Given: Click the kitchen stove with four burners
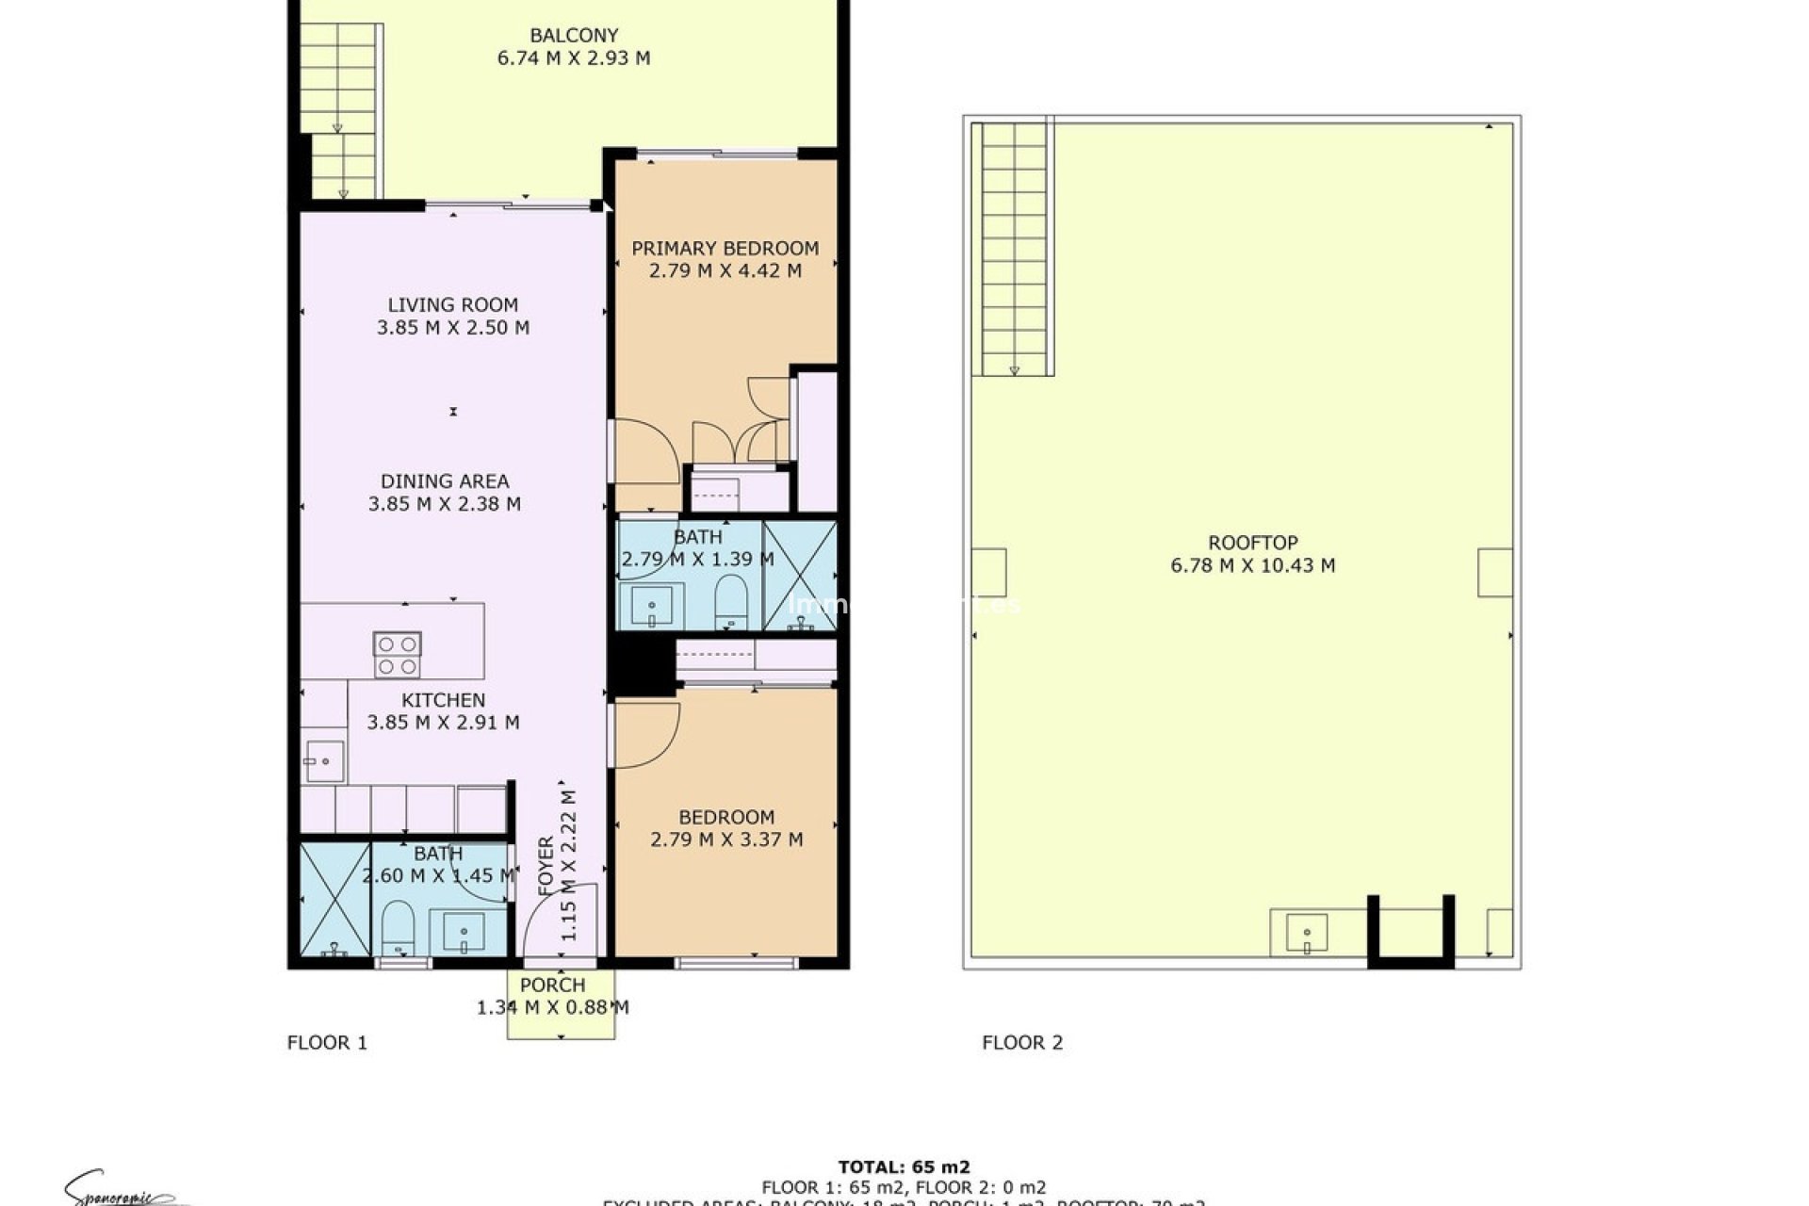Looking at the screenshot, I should point(397,655).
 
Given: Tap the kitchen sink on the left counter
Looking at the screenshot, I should point(324,760).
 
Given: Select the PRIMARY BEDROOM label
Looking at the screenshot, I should point(725,249).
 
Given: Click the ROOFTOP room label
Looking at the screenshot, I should point(1252,543).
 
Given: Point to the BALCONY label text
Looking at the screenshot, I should point(574,36).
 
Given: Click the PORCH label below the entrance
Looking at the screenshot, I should point(552,985).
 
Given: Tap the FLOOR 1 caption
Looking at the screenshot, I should point(327,1042).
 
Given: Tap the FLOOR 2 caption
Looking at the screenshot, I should point(1022,1042).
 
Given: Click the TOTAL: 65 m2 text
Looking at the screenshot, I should point(904,1167).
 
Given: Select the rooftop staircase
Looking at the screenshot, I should point(1014,250).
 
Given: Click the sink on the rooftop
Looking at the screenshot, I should point(1306,933).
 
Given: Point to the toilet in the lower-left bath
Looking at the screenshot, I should point(398,927).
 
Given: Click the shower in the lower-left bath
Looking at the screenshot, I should point(334,900).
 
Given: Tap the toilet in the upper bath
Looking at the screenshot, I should point(731,600).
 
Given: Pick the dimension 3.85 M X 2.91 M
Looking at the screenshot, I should point(443,723).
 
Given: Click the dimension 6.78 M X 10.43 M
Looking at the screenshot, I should point(1252,565).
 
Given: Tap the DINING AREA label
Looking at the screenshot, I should point(445,481).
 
